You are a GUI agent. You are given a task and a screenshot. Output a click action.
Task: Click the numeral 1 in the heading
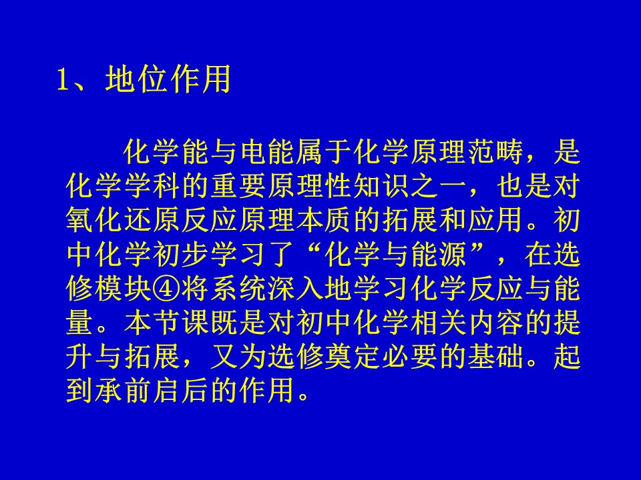point(62,79)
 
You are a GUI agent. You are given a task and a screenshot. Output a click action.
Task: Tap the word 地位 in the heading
point(135,79)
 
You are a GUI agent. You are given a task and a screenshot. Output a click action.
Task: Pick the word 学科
point(152,186)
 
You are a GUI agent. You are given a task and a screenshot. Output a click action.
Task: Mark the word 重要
point(238,186)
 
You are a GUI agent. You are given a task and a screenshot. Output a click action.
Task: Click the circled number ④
point(166,289)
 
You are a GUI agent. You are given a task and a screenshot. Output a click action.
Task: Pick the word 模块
point(123,289)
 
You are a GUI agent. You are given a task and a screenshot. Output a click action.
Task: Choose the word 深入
point(295,289)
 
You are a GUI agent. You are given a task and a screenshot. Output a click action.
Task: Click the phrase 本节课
point(166,323)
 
